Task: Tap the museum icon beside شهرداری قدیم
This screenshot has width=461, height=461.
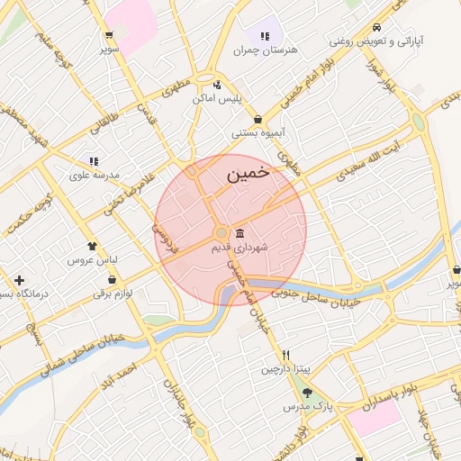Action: click(x=240, y=234)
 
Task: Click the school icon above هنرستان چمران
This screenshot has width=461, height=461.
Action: click(x=265, y=37)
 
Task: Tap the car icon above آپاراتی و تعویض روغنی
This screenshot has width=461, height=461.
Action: click(x=376, y=28)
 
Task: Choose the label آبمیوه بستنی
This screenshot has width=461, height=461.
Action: click(x=259, y=132)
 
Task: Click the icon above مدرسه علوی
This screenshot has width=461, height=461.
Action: click(x=95, y=161)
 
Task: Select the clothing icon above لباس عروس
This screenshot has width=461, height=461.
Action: click(x=93, y=246)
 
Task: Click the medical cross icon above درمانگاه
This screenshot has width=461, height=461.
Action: click(x=19, y=280)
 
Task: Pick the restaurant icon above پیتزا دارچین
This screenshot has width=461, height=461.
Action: click(x=285, y=355)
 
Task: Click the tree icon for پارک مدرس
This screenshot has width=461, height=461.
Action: click(x=308, y=393)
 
